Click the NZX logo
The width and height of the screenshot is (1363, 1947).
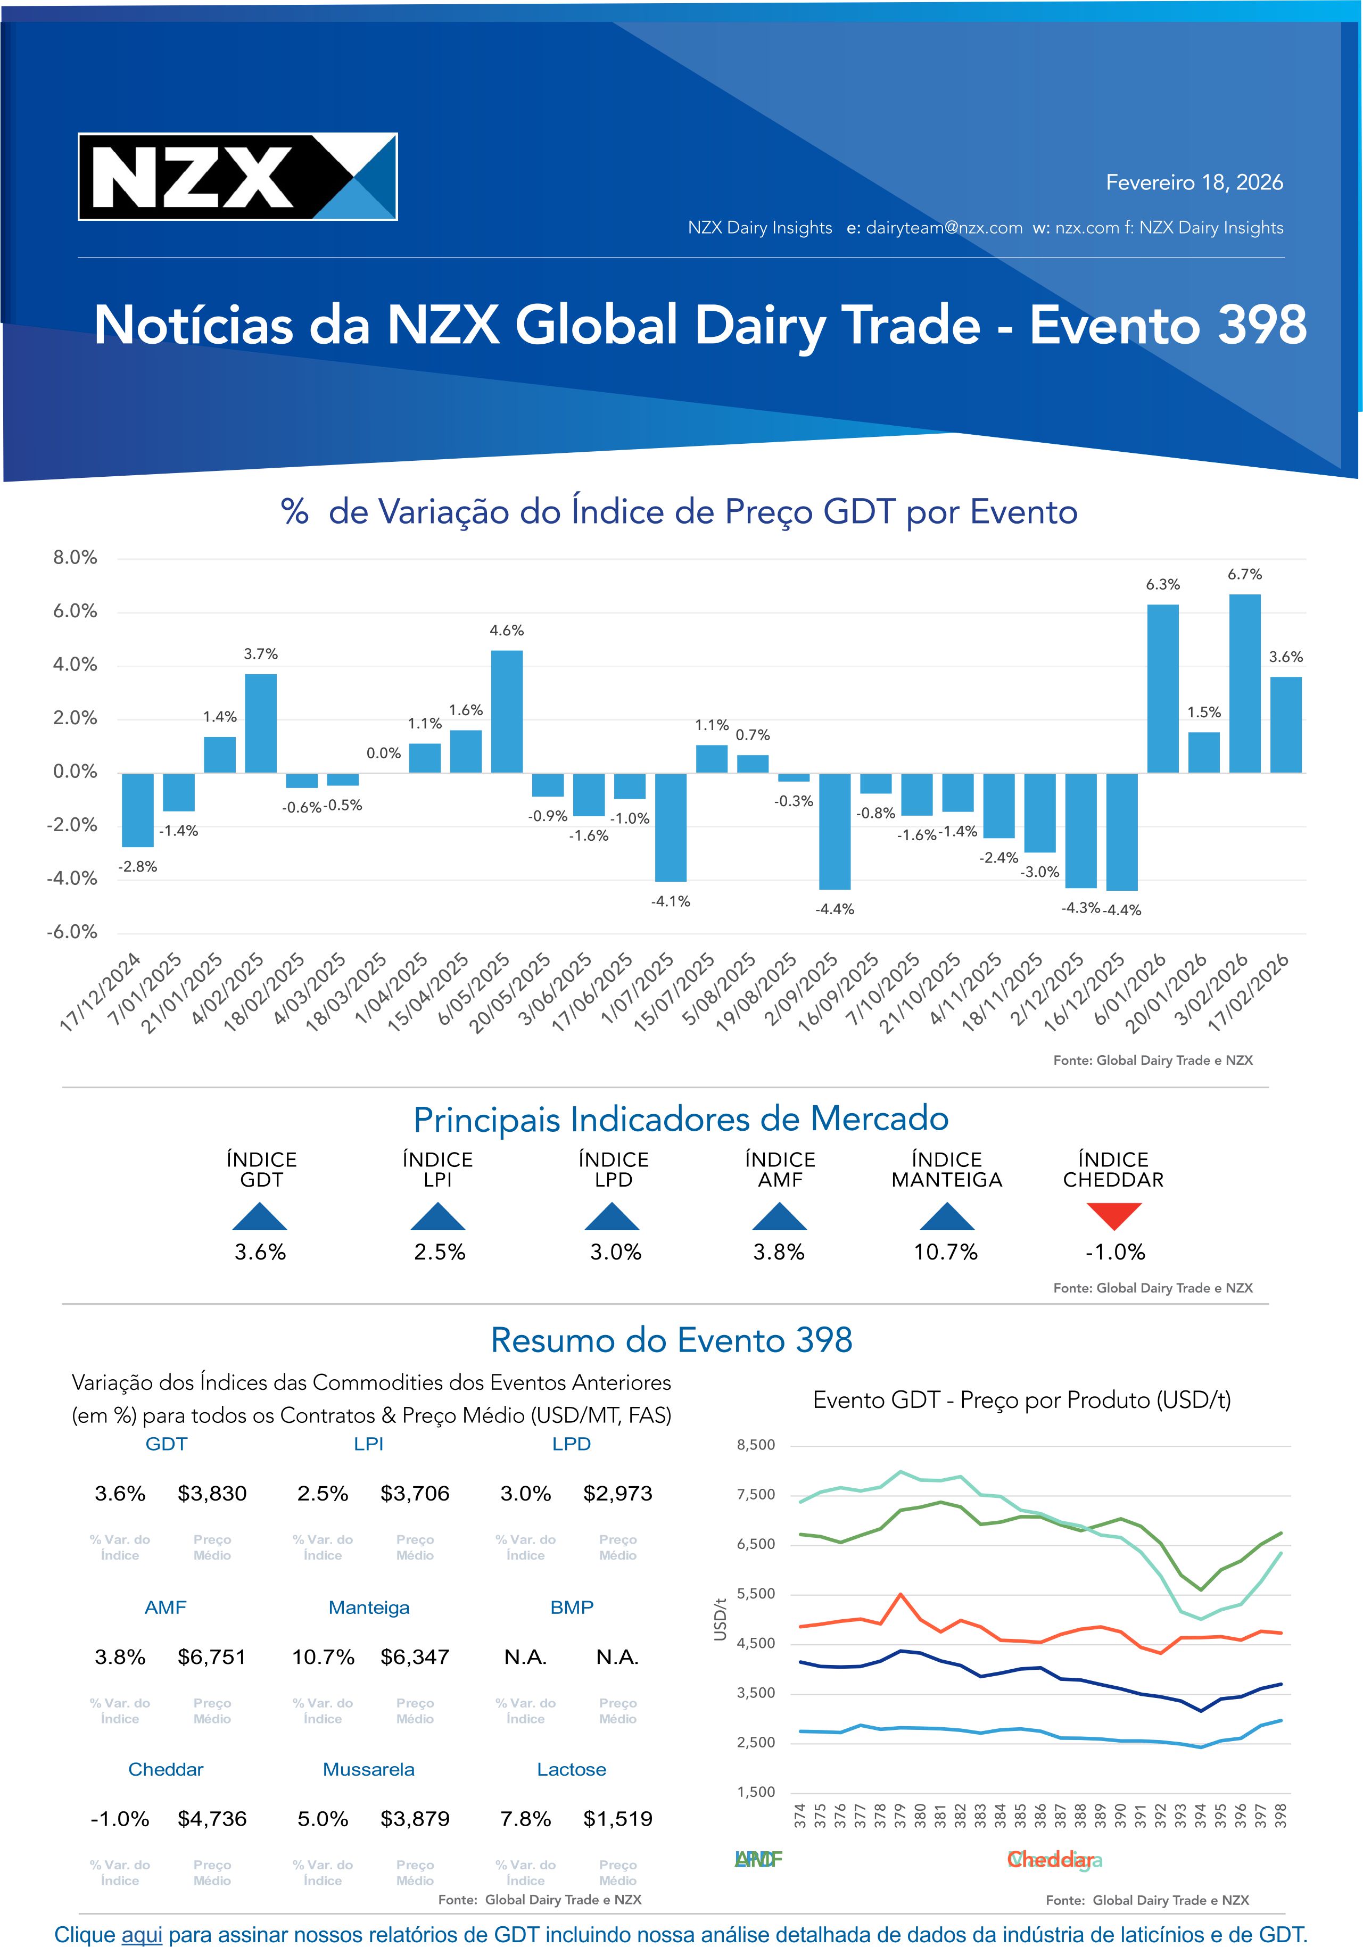[x=237, y=176]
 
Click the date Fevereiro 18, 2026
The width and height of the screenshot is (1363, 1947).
[x=1193, y=183]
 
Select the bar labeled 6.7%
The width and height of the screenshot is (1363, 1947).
[x=1244, y=683]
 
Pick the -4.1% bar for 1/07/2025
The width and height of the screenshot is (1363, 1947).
[x=670, y=827]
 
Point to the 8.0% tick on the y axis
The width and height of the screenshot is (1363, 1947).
[x=75, y=557]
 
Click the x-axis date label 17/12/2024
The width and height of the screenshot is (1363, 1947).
[x=100, y=992]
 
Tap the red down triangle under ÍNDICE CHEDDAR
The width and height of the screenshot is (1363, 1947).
[x=1113, y=1216]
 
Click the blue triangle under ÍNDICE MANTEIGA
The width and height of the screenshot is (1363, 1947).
[x=947, y=1216]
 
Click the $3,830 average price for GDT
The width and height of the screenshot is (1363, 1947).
[x=212, y=1493]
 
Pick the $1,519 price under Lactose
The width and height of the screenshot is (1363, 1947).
[x=617, y=1818]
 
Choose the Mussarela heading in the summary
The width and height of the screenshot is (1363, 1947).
[x=368, y=1769]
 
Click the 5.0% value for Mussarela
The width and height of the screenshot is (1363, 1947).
[x=323, y=1818]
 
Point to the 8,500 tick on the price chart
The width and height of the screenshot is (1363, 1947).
[x=756, y=1444]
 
